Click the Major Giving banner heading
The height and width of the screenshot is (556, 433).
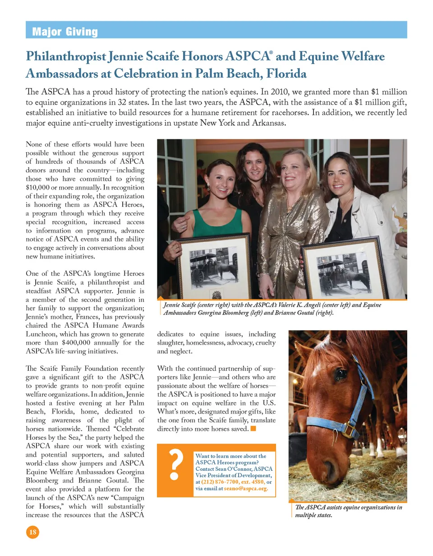point(65,32)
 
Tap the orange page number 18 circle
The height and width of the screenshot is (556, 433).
point(32,532)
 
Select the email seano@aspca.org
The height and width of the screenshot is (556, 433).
point(246,488)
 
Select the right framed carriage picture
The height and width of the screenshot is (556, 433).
point(344,270)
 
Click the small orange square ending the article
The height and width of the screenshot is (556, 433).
point(253,428)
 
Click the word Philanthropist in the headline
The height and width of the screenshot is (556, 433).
point(66,56)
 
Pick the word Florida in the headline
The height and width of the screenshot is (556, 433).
point(286,74)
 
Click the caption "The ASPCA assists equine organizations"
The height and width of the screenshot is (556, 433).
point(348,507)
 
